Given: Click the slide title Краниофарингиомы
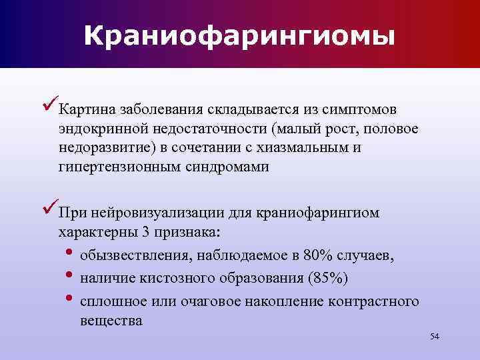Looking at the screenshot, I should tap(239, 35).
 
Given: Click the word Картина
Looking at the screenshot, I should tap(84, 109).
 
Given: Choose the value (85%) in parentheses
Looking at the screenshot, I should tap(325, 277).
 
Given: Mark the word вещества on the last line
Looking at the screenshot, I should tap(111, 320).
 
